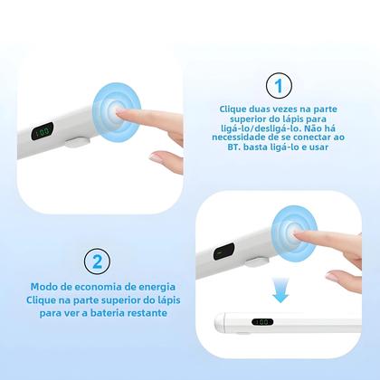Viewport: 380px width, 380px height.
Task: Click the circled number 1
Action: [279, 86]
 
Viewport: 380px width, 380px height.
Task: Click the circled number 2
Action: [97, 261]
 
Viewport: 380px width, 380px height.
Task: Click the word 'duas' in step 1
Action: [258, 109]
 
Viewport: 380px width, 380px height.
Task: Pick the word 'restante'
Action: [151, 313]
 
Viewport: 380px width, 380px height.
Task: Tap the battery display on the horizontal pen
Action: [262, 321]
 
